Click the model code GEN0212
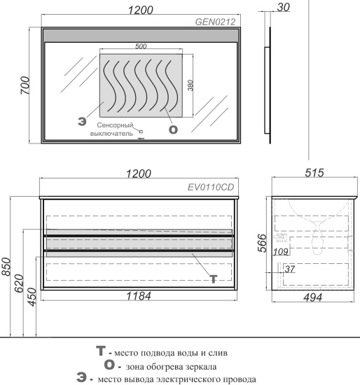point(215,22)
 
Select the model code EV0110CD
point(211,188)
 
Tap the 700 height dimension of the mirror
point(25,85)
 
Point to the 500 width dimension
point(141,46)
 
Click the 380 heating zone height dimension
point(191,85)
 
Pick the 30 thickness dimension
point(284,8)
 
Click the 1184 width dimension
point(139,296)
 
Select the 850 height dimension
point(6,267)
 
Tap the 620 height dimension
point(20,283)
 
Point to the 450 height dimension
point(32,297)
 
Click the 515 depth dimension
point(314,173)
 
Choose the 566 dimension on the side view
point(262,243)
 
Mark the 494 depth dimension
point(312,297)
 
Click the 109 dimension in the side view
point(281,252)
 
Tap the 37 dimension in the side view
point(290,269)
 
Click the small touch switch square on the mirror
point(141,132)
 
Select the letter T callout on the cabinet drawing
point(214,279)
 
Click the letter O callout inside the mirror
point(173,129)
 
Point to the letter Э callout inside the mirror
point(82,122)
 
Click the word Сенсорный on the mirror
point(115,125)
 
